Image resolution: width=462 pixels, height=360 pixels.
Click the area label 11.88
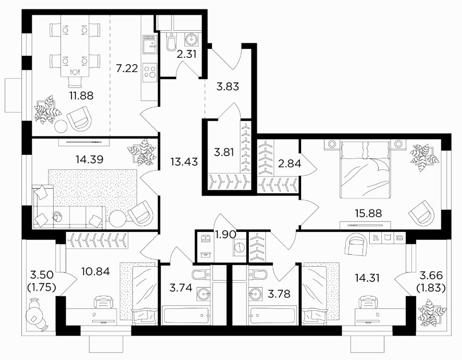pyautogui.click(x=81, y=95)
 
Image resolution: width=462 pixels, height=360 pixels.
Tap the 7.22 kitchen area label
pyautogui.click(x=127, y=68)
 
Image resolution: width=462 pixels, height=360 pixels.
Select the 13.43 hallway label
pyautogui.click(x=184, y=161)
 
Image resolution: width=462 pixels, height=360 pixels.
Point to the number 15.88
pyautogui.click(x=368, y=213)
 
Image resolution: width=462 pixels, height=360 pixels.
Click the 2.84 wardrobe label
pyautogui.click(x=290, y=163)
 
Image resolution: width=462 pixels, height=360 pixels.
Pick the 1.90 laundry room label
pyautogui.click(x=226, y=234)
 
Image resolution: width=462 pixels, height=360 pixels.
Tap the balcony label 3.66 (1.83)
pyautogui.click(x=431, y=281)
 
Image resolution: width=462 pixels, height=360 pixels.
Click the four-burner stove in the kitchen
pyautogui.click(x=149, y=72)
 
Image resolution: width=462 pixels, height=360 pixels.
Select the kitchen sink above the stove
pyautogui.click(x=149, y=44)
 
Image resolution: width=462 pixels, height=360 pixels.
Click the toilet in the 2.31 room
pyautogui.click(x=171, y=42)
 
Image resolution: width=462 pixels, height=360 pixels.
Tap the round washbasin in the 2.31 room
pyautogui.click(x=192, y=39)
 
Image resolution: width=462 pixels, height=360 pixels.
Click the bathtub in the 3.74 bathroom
pyautogui.click(x=185, y=315)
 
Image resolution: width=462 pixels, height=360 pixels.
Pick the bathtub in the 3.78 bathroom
pyautogui.click(x=273, y=315)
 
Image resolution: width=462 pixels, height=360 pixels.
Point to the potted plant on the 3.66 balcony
pyautogui.click(x=431, y=312)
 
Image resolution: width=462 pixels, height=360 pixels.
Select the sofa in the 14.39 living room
pyautogui.click(x=69, y=207)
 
